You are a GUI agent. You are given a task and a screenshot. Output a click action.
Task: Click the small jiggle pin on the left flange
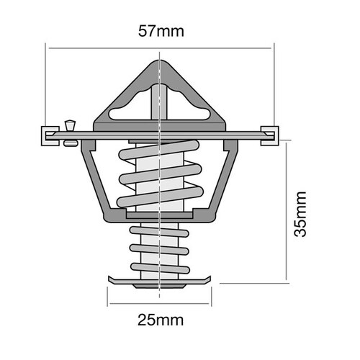tap(70, 130)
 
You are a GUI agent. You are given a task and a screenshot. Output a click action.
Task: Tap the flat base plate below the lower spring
tap(158, 278)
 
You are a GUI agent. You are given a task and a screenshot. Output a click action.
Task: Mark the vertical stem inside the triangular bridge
tap(158, 101)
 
